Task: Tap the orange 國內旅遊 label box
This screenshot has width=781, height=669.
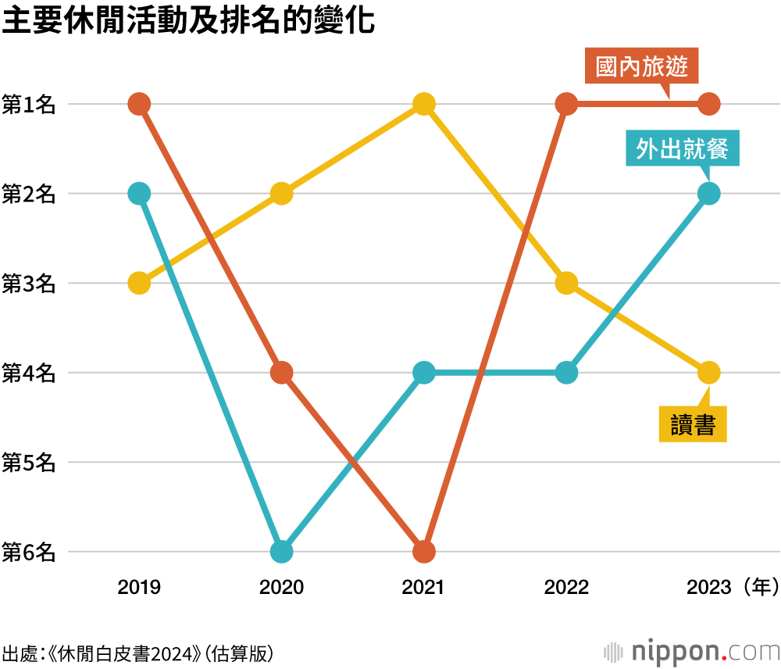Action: click(641, 67)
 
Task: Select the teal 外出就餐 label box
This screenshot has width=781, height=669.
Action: click(682, 148)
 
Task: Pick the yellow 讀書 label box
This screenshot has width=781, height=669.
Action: click(693, 424)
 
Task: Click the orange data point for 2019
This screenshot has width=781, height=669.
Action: click(139, 103)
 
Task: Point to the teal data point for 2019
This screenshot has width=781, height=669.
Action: click(139, 193)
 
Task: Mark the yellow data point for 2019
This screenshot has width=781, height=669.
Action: click(139, 283)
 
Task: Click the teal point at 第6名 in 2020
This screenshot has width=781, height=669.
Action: click(281, 552)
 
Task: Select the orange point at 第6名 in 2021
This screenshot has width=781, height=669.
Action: click(423, 552)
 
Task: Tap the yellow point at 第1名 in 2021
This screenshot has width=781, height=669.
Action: click(423, 103)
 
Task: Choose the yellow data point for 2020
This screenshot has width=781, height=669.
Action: click(281, 193)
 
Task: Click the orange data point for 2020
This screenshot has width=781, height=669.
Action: click(281, 373)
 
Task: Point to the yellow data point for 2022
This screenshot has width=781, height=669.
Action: click(566, 283)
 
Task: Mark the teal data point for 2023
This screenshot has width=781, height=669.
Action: click(708, 193)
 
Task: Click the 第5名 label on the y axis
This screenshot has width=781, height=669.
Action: click(29, 463)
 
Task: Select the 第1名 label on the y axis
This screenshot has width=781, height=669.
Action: click(29, 104)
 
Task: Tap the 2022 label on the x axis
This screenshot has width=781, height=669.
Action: click(566, 587)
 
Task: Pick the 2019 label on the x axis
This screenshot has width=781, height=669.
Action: click(139, 587)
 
